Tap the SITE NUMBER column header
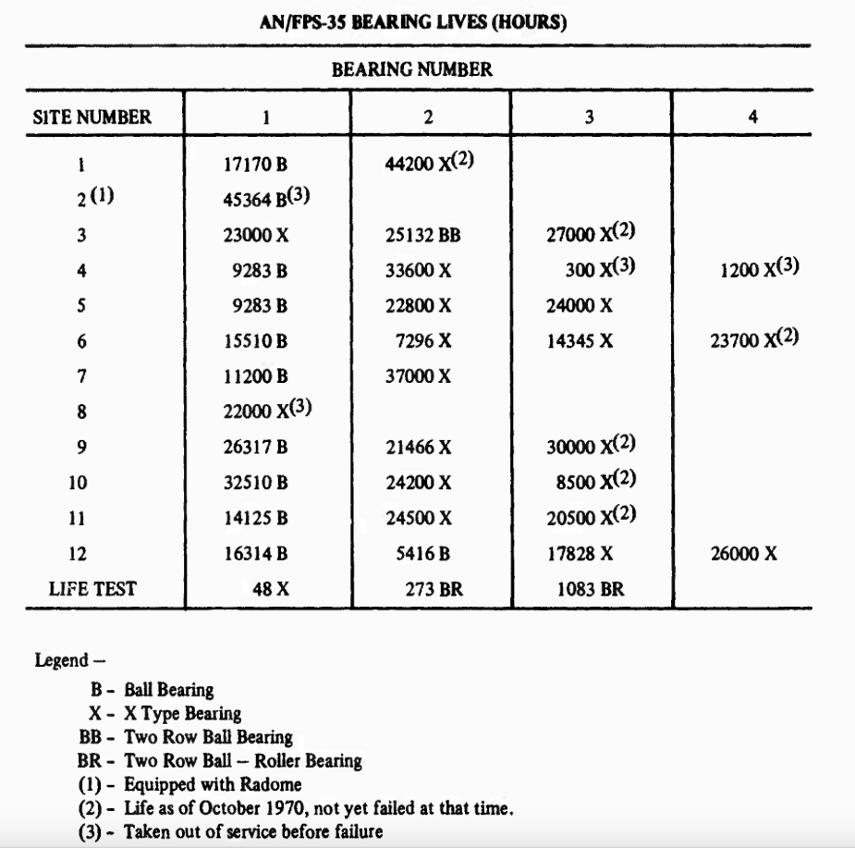[x=92, y=117]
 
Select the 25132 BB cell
[x=422, y=235]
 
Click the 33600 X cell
[x=418, y=270]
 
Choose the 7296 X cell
[x=423, y=341]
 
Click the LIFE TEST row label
[x=92, y=588]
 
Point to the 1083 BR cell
[x=591, y=588]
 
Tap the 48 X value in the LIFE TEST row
[x=265, y=588]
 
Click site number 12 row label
[x=81, y=553]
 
